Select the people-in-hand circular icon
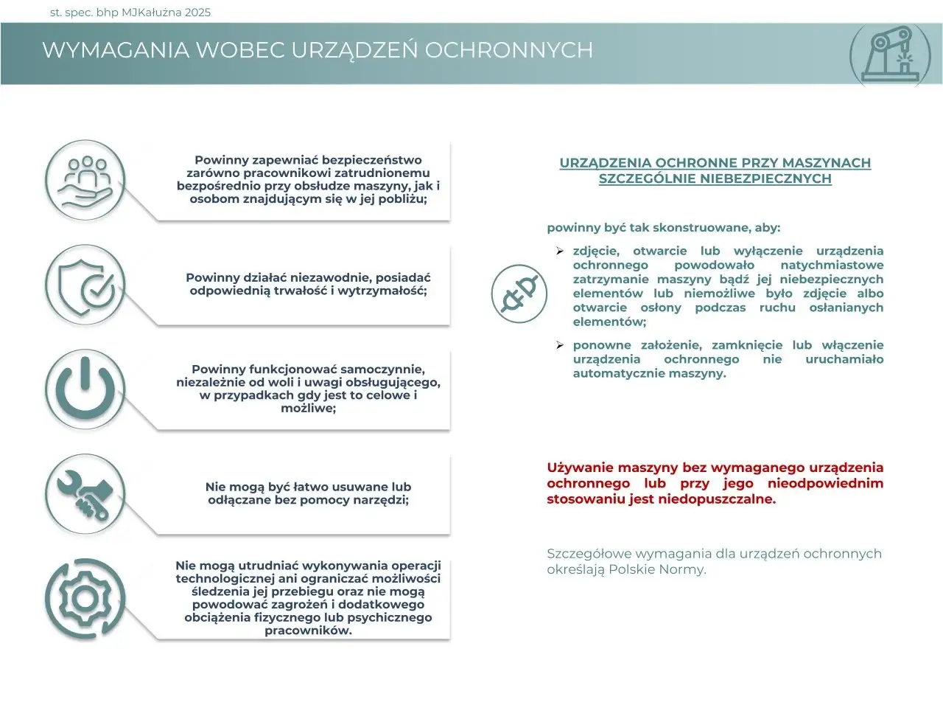[85, 181]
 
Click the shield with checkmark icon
[85, 285]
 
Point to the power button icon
[85, 389]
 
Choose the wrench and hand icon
[85, 494]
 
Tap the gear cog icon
[85, 598]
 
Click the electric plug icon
[519, 293]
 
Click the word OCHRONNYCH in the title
[508, 50]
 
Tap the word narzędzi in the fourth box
[380, 500]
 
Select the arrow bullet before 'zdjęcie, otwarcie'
[560, 251]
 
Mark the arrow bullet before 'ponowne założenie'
[560, 345]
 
